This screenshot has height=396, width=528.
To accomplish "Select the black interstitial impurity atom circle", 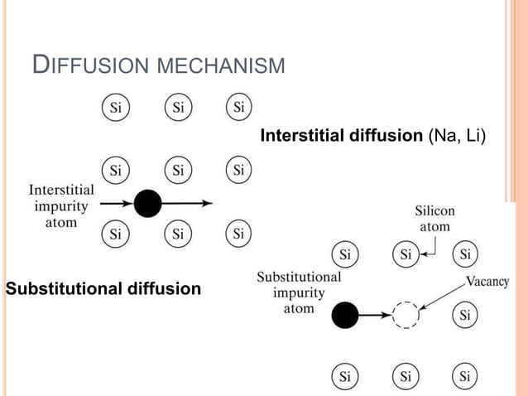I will tap(147, 203).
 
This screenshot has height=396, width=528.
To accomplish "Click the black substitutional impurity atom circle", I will tap(345, 315).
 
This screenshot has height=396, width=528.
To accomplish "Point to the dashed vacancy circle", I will tap(406, 315).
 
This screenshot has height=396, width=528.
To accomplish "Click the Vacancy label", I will tap(487, 281).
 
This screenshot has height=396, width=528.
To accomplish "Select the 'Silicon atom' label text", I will tap(434, 219).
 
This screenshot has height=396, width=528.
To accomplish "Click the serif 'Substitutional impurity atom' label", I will tap(298, 292).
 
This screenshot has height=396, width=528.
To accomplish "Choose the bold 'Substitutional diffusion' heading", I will tap(103, 289).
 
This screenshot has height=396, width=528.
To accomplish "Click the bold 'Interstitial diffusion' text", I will tap(342, 135).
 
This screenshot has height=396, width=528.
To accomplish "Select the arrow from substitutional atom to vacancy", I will tap(375, 315).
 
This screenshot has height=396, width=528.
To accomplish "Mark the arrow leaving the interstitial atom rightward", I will tap(187, 203).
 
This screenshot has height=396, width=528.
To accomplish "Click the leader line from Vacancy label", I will tap(443, 297).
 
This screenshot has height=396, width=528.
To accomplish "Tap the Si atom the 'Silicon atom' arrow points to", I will tap(406, 254).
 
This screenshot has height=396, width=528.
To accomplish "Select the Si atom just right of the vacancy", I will tap(465, 315).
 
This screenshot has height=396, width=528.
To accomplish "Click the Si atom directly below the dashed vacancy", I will tap(406, 377).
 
